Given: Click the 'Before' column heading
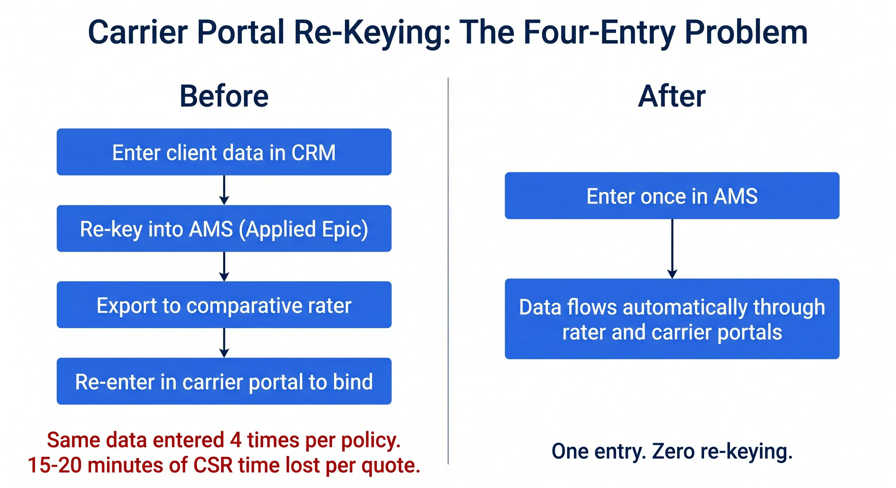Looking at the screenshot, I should [x=224, y=96].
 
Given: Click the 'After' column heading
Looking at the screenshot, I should [x=672, y=96].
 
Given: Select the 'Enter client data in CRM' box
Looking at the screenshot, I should [x=224, y=152].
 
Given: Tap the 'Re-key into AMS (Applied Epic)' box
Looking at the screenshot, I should [x=224, y=228].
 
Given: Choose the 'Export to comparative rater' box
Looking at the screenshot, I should [x=224, y=305].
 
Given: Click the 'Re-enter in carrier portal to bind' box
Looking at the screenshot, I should [x=224, y=381].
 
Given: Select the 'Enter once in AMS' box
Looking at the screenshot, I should [x=672, y=195].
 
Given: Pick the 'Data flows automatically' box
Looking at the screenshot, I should [x=672, y=319].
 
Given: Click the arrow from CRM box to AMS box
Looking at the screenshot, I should [x=224, y=190].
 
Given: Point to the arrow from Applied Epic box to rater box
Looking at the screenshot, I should [x=224, y=267].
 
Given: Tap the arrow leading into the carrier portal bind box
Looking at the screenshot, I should [x=224, y=342].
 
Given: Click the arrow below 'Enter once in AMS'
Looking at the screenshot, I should [x=672, y=248].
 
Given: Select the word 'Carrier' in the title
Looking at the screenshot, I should [x=138, y=32].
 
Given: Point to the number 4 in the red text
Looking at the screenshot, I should [x=235, y=440].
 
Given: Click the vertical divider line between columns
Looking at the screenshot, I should [x=448, y=271].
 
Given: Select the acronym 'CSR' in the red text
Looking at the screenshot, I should [x=213, y=465].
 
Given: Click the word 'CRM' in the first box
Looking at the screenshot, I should [x=313, y=152].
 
